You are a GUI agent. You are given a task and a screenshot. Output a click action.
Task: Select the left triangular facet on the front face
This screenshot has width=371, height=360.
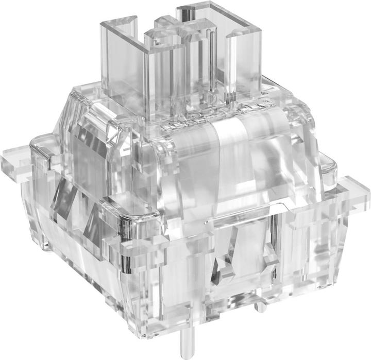tap(224, 263)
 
